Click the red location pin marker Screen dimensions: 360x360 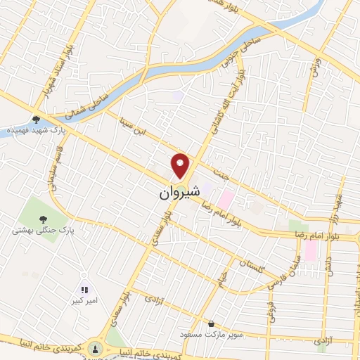tap(181, 165)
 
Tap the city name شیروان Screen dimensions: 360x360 tap(176, 191)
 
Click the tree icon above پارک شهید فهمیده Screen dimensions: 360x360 tap(36, 119)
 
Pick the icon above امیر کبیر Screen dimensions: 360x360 tap(84, 289)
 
